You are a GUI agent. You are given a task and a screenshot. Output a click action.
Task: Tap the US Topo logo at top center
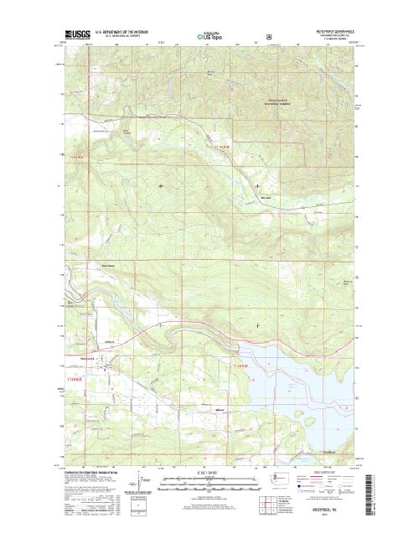point(209,36)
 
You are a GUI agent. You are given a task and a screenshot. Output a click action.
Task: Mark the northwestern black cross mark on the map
point(161,184)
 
